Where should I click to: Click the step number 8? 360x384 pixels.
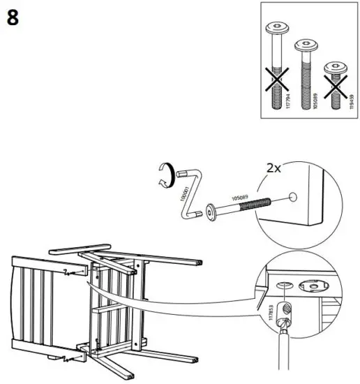(12, 17)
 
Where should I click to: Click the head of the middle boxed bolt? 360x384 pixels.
(305, 47)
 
